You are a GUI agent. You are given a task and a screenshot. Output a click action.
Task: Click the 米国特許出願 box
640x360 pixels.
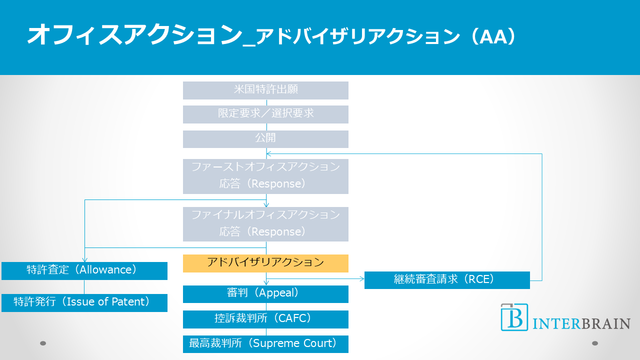click(x=265, y=90)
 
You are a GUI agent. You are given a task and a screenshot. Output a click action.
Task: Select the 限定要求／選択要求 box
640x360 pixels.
click(x=265, y=114)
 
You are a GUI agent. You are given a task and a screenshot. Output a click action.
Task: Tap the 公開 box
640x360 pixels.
click(x=265, y=139)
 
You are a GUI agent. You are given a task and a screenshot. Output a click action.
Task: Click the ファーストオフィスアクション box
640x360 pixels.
click(x=265, y=176)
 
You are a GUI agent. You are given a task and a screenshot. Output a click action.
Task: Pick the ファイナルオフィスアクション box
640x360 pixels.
click(x=265, y=224)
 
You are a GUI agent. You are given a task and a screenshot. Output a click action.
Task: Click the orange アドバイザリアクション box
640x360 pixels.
click(x=265, y=263)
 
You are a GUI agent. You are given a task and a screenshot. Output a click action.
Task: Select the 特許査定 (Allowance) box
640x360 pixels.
click(x=84, y=270)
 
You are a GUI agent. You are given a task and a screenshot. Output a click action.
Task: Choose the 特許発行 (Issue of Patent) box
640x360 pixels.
click(x=84, y=302)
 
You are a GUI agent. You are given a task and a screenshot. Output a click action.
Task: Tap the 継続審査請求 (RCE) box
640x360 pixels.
click(x=447, y=280)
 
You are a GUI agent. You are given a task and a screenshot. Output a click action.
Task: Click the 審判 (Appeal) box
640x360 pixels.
click(x=265, y=294)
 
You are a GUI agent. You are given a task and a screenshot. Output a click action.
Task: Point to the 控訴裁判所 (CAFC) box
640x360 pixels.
click(x=265, y=319)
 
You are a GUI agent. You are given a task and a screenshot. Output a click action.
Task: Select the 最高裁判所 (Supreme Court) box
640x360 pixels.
click(x=265, y=344)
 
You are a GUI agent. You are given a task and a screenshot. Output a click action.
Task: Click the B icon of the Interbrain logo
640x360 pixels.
click(x=514, y=317)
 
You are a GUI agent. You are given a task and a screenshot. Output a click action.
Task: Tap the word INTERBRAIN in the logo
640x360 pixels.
click(x=581, y=323)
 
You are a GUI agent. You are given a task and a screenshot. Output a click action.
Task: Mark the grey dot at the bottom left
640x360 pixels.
click(x=43, y=343)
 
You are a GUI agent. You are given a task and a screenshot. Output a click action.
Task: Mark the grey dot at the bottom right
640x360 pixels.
click(x=595, y=343)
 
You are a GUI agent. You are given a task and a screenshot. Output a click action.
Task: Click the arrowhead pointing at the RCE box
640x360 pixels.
click(x=362, y=278)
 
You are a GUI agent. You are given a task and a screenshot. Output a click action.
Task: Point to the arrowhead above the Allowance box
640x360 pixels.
click(x=84, y=260)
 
